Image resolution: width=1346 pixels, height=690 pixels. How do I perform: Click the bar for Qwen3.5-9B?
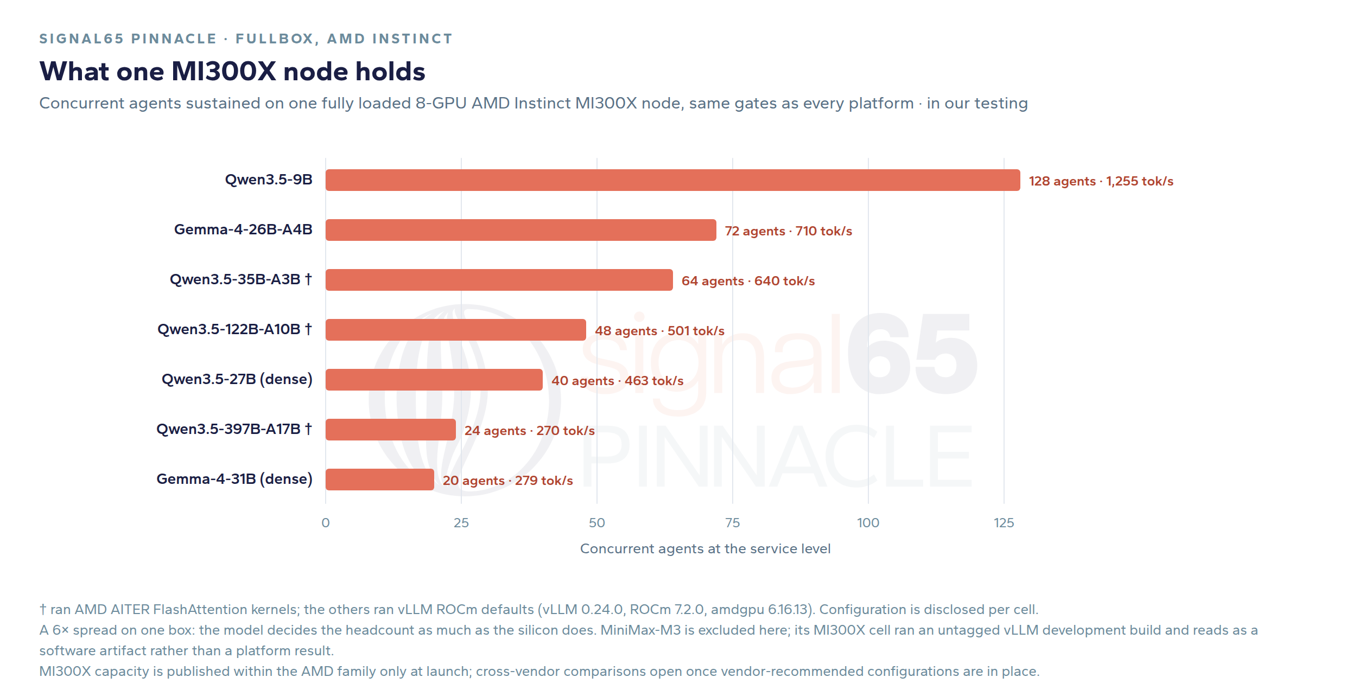pos(672,180)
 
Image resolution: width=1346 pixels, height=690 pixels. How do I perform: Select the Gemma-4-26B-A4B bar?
pos(520,230)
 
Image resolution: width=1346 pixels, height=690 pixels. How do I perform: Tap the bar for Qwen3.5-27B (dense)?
pos(434,380)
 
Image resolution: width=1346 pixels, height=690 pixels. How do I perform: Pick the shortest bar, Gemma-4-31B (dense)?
pos(379,480)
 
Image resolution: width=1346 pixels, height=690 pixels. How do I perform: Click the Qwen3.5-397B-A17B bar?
pos(390,430)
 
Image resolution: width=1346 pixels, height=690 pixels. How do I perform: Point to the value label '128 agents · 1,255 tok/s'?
pos(1101,181)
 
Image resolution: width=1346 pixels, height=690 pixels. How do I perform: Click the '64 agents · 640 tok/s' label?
pos(748,281)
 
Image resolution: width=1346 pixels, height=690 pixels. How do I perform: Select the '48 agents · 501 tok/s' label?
pos(659,331)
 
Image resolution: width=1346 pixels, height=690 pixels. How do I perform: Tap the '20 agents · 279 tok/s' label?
pos(507,481)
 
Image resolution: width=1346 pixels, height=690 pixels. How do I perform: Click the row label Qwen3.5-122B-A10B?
pos(228,329)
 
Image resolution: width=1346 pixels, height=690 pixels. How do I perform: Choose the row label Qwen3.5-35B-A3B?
pos(235,279)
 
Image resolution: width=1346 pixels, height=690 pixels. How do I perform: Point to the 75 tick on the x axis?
pos(733,523)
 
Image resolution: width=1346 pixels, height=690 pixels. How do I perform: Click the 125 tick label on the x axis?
pos(1004,523)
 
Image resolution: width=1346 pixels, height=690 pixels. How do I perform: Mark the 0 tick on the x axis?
pos(326,523)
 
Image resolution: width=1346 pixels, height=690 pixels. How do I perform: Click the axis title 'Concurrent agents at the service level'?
pos(705,549)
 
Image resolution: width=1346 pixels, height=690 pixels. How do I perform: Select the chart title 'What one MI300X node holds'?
pos(232,71)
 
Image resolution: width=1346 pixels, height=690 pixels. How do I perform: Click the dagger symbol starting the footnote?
pos(43,610)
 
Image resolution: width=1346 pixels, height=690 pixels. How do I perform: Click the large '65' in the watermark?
pos(912,354)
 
